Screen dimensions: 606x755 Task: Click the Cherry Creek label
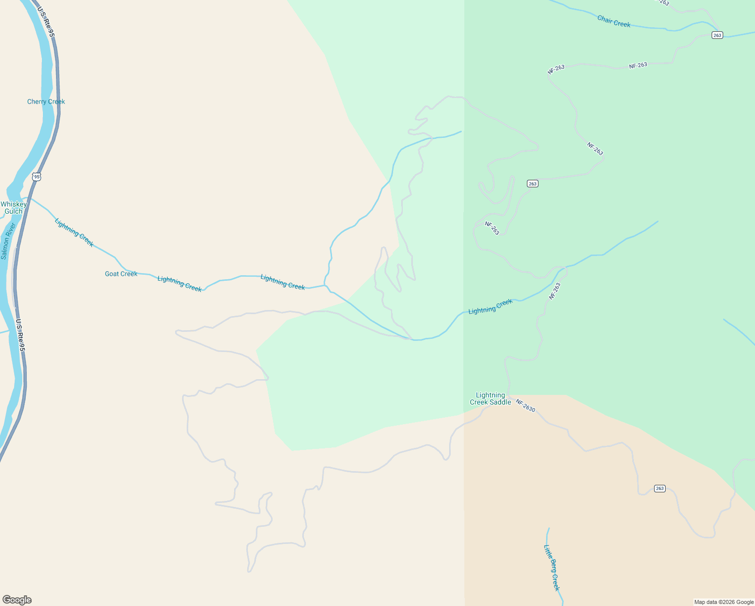tap(46, 102)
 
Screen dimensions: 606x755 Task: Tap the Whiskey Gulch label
tap(14, 208)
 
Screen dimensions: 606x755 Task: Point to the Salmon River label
tap(8, 241)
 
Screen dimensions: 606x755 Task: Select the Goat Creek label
tap(121, 274)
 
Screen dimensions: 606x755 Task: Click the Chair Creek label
tap(614, 21)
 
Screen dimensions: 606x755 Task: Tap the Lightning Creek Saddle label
tap(490, 398)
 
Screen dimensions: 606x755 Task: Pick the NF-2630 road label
tap(525, 406)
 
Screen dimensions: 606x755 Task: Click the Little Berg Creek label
tap(552, 567)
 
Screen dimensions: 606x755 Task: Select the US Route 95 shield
tap(36, 177)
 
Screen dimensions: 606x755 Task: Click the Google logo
tap(17, 600)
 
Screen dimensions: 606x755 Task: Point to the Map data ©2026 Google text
tap(724, 602)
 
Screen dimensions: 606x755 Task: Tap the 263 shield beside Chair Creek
tap(717, 35)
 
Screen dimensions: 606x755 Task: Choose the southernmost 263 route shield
tap(660, 488)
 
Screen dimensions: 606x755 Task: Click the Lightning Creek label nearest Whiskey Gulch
tap(74, 232)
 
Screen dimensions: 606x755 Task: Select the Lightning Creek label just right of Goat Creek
tap(180, 283)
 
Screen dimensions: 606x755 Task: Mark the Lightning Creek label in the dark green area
tap(490, 307)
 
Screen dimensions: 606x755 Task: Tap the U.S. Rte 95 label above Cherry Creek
tap(45, 21)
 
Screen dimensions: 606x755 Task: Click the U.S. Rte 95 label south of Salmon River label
tap(20, 335)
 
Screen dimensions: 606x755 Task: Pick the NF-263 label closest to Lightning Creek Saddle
tap(555, 291)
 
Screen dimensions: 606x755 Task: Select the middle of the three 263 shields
tap(532, 183)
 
